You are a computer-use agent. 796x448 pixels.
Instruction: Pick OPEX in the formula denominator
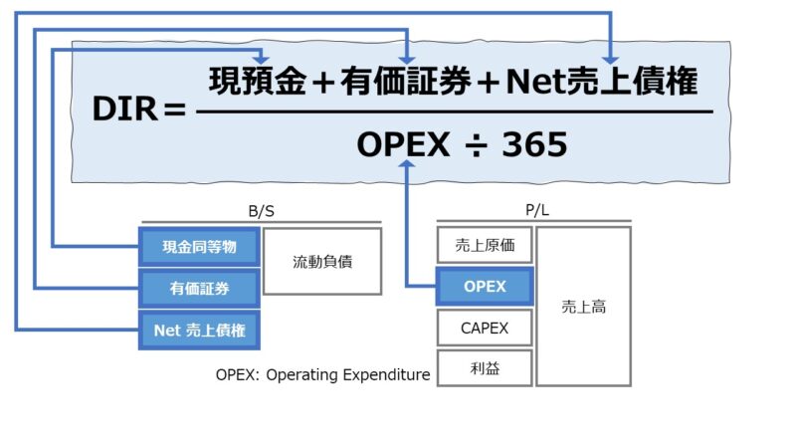404,145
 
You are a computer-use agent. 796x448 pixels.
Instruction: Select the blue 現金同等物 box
199,246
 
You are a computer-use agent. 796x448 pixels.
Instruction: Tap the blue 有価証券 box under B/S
199,289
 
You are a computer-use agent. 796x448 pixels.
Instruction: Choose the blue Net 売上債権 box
199,331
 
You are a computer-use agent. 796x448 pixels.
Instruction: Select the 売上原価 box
485,245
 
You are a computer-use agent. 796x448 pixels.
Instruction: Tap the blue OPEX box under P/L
485,287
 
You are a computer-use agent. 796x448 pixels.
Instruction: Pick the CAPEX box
485,328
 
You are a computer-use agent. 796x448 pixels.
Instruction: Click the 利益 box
485,368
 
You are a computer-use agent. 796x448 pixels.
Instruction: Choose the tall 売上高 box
583,307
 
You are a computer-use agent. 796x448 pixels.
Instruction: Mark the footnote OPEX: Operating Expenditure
322,375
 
